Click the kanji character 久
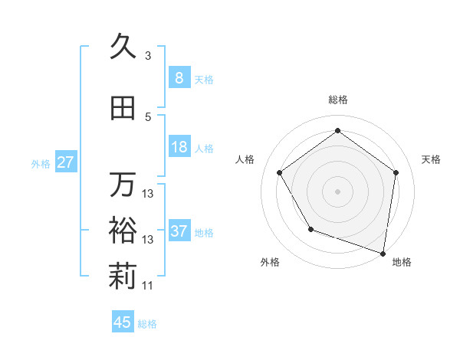click(x=123, y=47)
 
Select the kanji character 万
click(x=123, y=185)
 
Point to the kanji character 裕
click(x=123, y=231)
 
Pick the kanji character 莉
click(x=123, y=277)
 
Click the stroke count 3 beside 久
click(x=148, y=56)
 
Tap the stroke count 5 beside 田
click(x=148, y=117)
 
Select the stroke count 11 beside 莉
click(x=148, y=286)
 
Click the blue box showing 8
click(x=179, y=77)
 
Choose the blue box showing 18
click(x=179, y=147)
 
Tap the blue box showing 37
click(x=179, y=231)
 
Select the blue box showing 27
click(x=66, y=162)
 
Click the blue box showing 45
click(x=123, y=322)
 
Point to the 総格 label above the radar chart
click(x=337, y=100)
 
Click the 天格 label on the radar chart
click(x=432, y=159)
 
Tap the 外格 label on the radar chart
click(x=270, y=263)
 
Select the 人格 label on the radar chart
click(x=245, y=159)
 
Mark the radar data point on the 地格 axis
click(x=383, y=252)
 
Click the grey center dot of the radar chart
click(x=337, y=191)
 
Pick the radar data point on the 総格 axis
click(x=337, y=130)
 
